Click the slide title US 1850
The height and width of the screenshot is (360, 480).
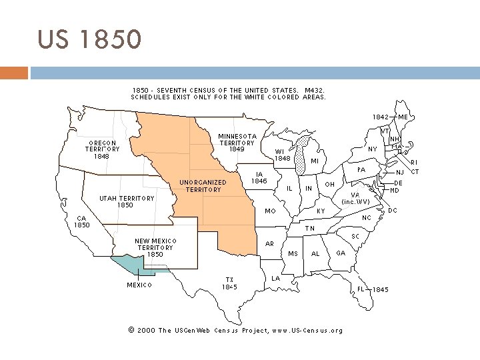[x=89, y=40]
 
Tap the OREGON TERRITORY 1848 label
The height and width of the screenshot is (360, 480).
[x=102, y=149]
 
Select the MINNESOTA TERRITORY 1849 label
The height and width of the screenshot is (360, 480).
[x=237, y=143]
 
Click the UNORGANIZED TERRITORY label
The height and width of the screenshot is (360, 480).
[x=203, y=186]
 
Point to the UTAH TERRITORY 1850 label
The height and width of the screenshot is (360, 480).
[x=126, y=201]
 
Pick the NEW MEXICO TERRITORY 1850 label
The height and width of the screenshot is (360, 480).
[x=155, y=247]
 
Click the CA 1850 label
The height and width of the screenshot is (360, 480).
[x=81, y=221]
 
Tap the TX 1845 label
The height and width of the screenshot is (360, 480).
[x=229, y=283]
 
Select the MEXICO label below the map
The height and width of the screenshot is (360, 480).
[x=139, y=285]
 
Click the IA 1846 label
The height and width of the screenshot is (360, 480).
[x=259, y=177]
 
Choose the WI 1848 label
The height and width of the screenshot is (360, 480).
[x=282, y=155]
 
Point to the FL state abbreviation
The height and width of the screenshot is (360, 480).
[x=361, y=289]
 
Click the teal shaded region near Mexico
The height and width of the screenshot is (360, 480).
[x=130, y=265]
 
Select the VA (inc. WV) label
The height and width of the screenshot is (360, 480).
[x=355, y=198]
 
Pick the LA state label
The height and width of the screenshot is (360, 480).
[x=275, y=277]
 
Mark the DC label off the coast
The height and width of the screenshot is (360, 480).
[x=393, y=210]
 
